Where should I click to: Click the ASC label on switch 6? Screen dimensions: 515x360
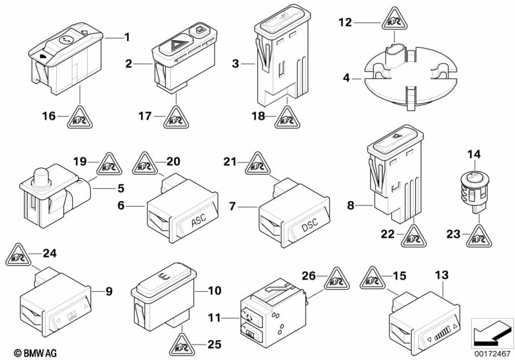coord(199,220)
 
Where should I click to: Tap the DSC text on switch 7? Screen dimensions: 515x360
coord(310,225)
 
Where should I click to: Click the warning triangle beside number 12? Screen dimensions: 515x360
coord(394,20)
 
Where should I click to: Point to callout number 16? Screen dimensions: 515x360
coord(49,116)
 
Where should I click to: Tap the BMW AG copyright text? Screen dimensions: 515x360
coord(35,353)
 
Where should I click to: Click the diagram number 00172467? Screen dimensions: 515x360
coord(492,354)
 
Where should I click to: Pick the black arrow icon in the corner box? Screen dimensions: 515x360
coord(491,333)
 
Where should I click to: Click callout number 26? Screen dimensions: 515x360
coord(308,276)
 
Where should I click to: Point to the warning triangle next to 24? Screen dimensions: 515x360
coord(18,255)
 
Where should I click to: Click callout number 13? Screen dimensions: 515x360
coord(442,275)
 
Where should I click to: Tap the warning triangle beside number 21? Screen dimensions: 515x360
coord(258,164)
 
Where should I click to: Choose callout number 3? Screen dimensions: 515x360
coord(235,63)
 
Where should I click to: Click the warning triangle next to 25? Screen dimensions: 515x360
coord(182,345)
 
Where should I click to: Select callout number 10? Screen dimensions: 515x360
coord(215,290)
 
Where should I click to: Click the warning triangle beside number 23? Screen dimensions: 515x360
coord(479,236)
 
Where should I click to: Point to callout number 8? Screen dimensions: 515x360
coord(351,206)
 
